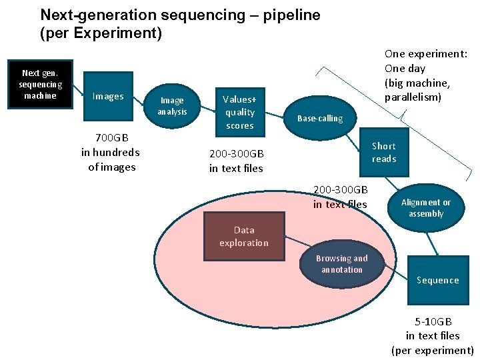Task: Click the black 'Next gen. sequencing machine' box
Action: tap(41, 84)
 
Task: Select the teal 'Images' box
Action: tap(108, 97)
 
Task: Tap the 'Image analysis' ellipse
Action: tap(172, 106)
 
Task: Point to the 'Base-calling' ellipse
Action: tap(319, 118)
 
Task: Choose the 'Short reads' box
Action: tap(383, 152)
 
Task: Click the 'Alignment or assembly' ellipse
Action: tap(426, 208)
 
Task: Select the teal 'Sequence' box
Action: tap(437, 280)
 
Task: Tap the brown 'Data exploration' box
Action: tap(244, 237)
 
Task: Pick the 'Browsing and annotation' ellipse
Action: tap(342, 264)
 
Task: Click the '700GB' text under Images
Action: tap(111, 138)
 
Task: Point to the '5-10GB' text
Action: tap(433, 321)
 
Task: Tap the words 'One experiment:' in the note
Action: tap(426, 54)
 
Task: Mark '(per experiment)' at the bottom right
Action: tap(433, 350)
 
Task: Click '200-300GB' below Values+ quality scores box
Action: tap(236, 154)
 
